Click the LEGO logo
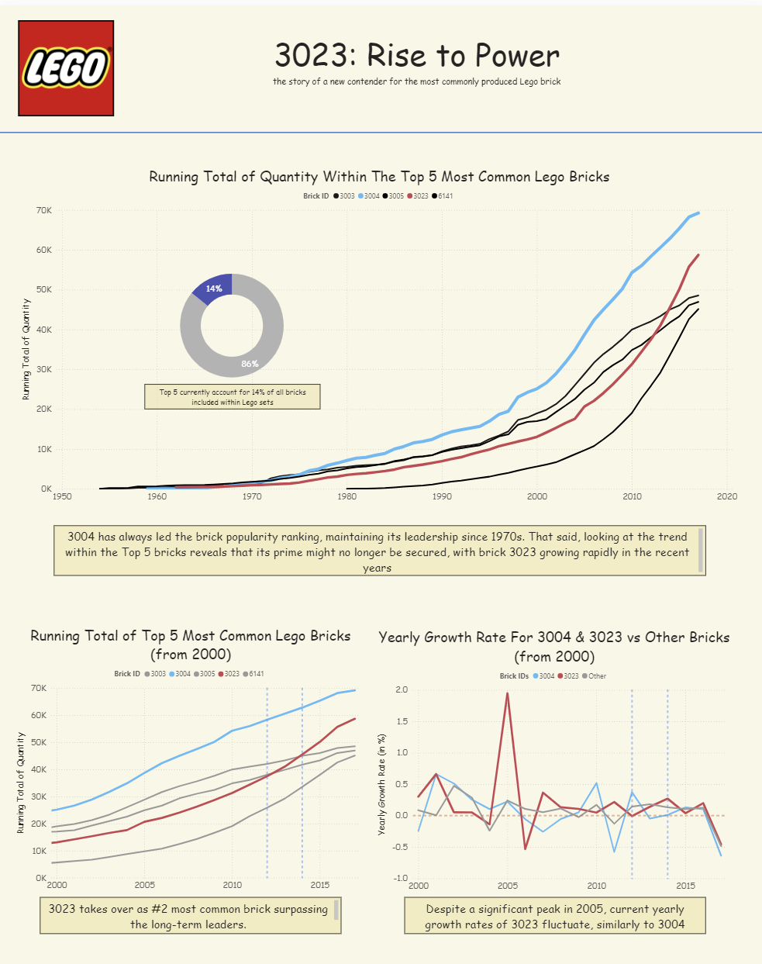(x=66, y=68)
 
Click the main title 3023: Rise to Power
(x=417, y=56)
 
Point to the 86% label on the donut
(x=250, y=363)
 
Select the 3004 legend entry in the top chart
(x=369, y=196)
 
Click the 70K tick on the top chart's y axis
(x=43, y=210)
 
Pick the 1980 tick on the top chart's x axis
(x=347, y=496)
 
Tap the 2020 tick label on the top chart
(x=727, y=496)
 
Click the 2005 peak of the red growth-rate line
(x=508, y=693)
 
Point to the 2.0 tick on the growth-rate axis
(x=402, y=689)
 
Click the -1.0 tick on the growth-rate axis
(x=400, y=878)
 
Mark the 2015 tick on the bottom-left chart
(x=319, y=885)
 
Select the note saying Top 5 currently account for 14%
(x=233, y=397)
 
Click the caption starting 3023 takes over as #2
(x=188, y=917)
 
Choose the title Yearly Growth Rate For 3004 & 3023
(x=554, y=647)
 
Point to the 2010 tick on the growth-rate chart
(x=597, y=886)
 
